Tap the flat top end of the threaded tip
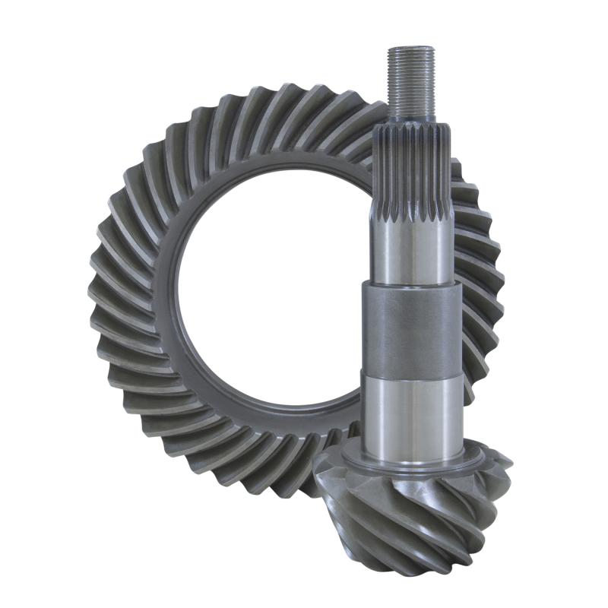[x=411, y=49]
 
